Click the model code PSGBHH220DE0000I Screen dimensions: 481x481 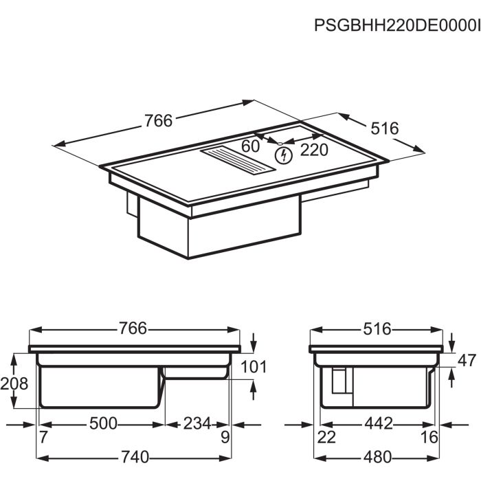(397, 25)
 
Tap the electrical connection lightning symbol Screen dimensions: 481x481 (283, 155)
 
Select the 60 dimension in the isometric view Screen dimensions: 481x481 (250, 146)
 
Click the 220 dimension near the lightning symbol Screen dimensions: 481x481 (314, 150)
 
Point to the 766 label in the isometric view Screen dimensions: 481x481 (159, 120)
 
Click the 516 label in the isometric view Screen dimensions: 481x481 (385, 128)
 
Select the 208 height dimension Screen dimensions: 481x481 (14, 383)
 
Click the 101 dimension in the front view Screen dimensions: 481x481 (254, 366)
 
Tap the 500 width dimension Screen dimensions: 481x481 (103, 423)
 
